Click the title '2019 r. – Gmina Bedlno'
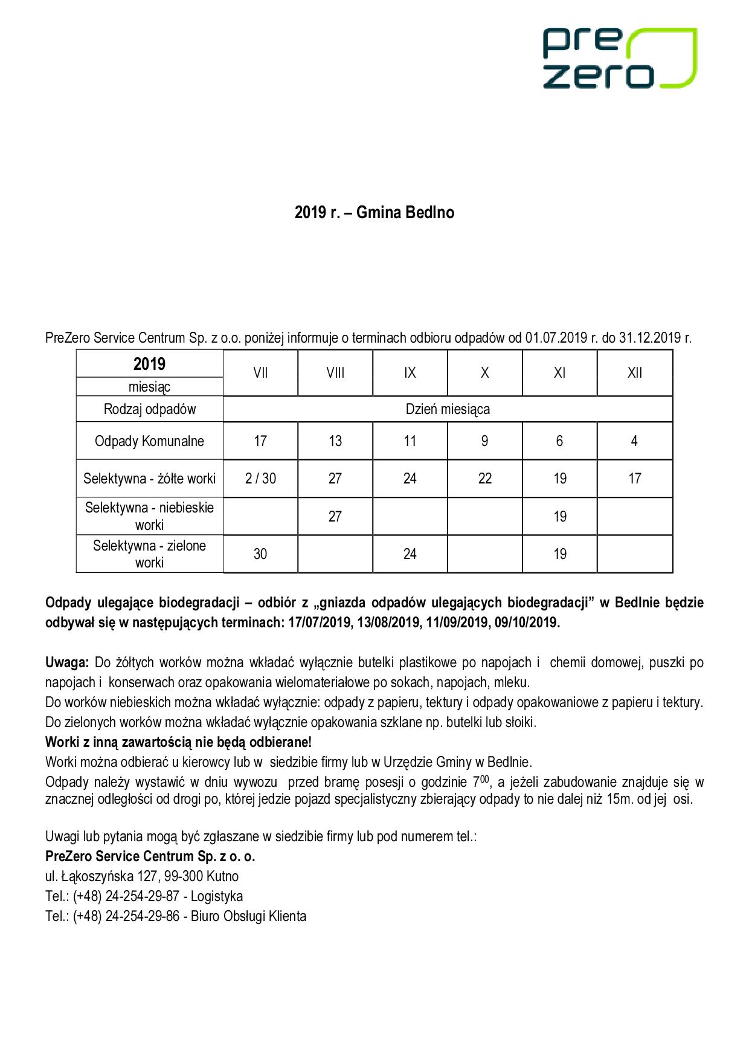click(x=374, y=213)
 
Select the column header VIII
click(x=335, y=373)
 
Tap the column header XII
click(x=634, y=373)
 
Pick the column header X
click(x=484, y=373)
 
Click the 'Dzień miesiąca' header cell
click(x=448, y=409)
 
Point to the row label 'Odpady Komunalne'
click(x=149, y=441)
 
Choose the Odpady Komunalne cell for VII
click(x=260, y=441)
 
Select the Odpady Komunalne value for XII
click(x=634, y=441)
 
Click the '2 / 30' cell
click(x=260, y=479)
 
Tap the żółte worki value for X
click(x=484, y=479)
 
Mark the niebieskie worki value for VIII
click(x=335, y=516)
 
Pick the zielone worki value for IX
click(x=410, y=554)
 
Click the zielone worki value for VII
click(x=260, y=554)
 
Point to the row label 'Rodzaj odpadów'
click(x=149, y=409)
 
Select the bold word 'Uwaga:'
click(x=67, y=663)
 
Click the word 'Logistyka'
click(x=217, y=896)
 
